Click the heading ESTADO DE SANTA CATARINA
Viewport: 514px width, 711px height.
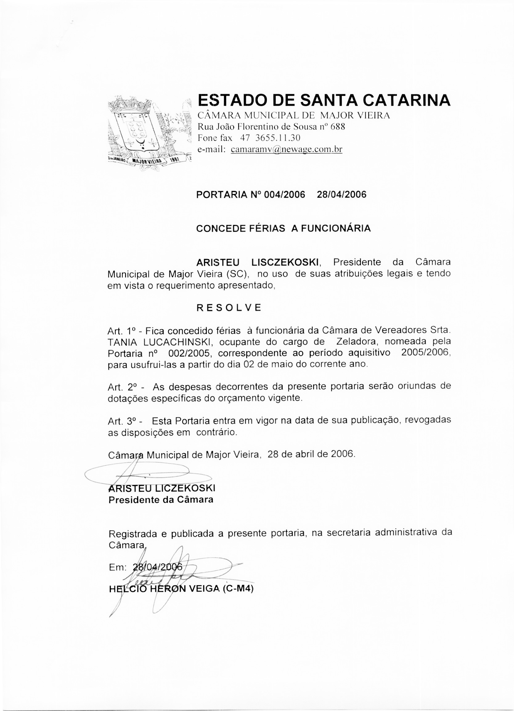(324, 100)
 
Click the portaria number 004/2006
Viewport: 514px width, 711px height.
(284, 195)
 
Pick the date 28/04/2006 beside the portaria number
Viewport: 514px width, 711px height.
(341, 195)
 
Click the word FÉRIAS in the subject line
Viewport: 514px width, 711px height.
(267, 228)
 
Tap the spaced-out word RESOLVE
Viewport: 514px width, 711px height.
(229, 307)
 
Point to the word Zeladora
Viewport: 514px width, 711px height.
(356, 341)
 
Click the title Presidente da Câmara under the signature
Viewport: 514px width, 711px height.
(161, 500)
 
